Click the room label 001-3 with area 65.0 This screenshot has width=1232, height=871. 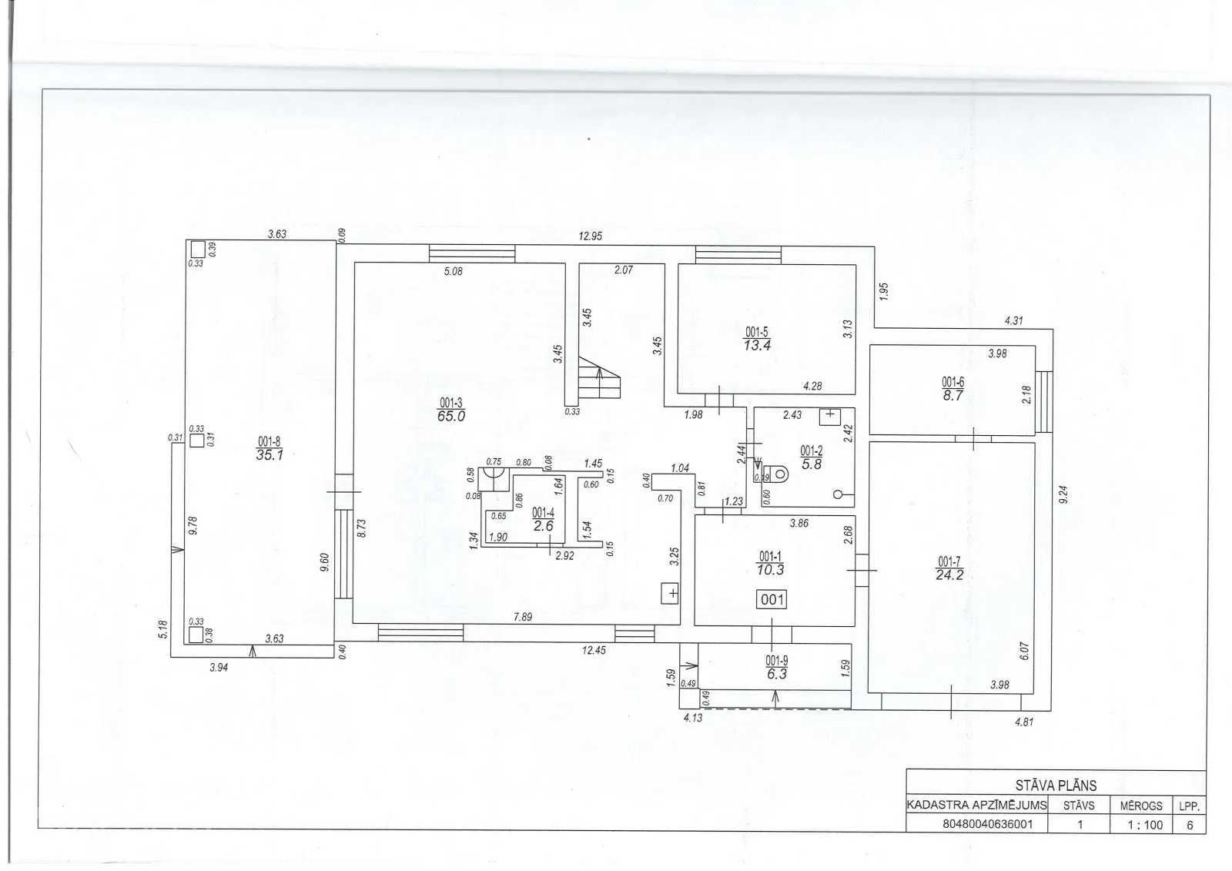(451, 410)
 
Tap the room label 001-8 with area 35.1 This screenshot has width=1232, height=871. (269, 448)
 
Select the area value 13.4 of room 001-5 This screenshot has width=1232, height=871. (757, 346)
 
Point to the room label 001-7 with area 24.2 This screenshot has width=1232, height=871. (949, 568)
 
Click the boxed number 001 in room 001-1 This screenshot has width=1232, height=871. (772, 599)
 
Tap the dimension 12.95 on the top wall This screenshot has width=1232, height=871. (590, 236)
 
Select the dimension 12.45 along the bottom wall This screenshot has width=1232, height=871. (594, 650)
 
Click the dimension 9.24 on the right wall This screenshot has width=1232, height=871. (1063, 494)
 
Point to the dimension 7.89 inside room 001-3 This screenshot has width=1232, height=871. (523, 617)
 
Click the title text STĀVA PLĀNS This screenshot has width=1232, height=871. (1056, 786)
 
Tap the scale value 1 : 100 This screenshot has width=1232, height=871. (1145, 825)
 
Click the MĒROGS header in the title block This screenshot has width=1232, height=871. (1141, 806)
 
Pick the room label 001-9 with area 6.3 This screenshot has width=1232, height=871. (777, 668)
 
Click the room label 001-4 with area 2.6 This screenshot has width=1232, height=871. (544, 519)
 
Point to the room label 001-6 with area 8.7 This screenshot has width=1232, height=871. (952, 388)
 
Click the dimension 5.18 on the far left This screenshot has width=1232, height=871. (162, 629)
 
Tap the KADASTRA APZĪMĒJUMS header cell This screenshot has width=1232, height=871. (976, 805)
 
